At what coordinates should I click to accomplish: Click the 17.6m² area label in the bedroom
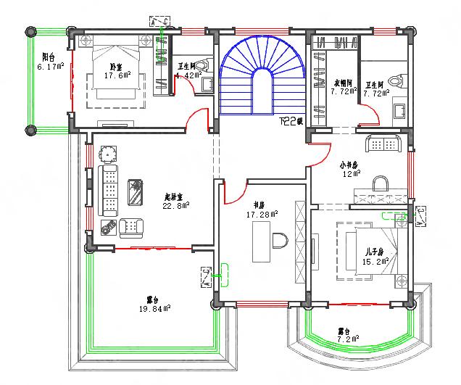117,75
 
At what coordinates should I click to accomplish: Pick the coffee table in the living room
136,191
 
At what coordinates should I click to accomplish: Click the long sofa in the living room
109,190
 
